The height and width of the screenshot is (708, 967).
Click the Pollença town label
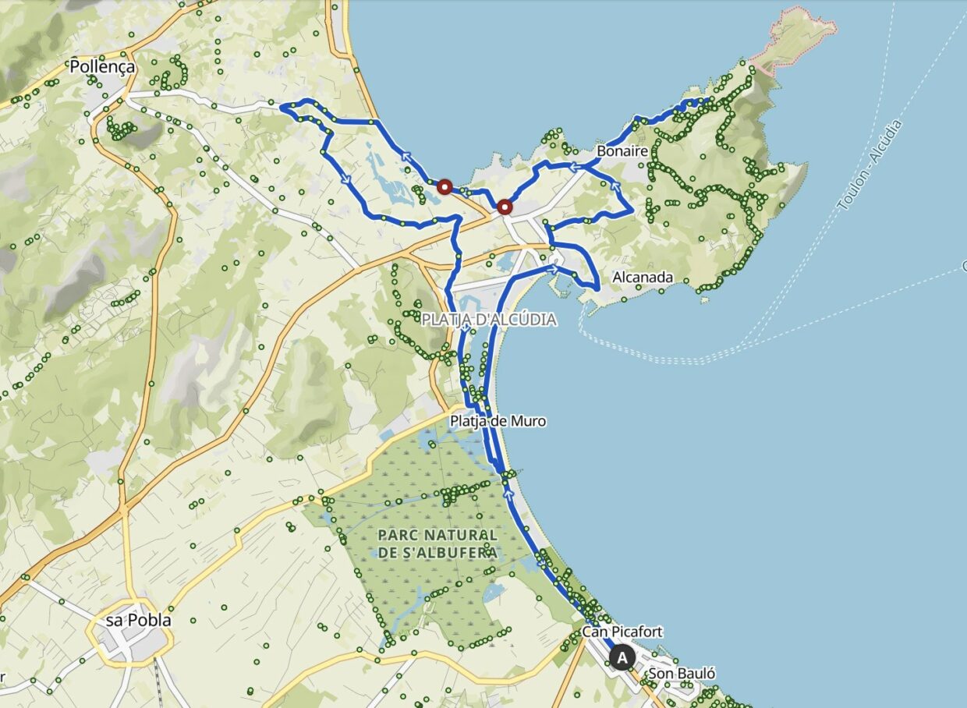tap(102, 67)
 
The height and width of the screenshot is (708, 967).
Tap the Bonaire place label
tap(622, 151)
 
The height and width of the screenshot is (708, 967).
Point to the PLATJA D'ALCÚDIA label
tap(489, 320)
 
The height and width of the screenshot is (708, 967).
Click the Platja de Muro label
tap(498, 421)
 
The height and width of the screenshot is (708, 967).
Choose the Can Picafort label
tap(622, 631)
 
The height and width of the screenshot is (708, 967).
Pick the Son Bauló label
tap(681, 674)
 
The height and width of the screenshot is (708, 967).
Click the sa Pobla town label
tap(138, 621)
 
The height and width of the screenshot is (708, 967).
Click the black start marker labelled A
tap(622, 658)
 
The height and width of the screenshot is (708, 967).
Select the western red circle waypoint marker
tap(445, 186)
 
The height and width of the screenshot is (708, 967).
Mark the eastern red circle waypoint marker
tap(505, 207)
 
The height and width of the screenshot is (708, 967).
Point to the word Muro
tap(528, 421)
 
